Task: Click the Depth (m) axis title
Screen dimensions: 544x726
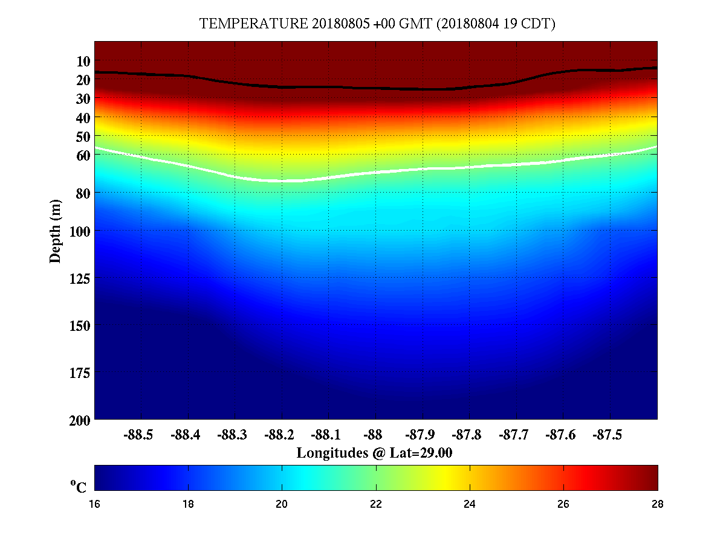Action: tap(56, 231)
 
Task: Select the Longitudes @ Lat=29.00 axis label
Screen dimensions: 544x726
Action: tap(375, 453)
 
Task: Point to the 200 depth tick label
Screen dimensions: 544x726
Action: tap(80, 420)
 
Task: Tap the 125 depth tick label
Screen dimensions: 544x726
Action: tap(80, 278)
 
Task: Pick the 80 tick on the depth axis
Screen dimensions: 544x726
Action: tap(83, 193)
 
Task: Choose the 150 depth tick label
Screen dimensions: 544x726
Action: tap(80, 325)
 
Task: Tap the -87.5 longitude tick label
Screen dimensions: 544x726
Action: tap(607, 435)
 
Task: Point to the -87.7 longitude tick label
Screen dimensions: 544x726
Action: tap(513, 435)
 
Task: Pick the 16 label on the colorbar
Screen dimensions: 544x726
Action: tap(95, 504)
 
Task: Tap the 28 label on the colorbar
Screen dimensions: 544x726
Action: tap(657, 504)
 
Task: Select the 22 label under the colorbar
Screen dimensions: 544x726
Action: tap(376, 504)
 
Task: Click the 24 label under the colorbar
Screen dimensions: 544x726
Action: tap(470, 504)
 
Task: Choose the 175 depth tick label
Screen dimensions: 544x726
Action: tap(80, 373)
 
